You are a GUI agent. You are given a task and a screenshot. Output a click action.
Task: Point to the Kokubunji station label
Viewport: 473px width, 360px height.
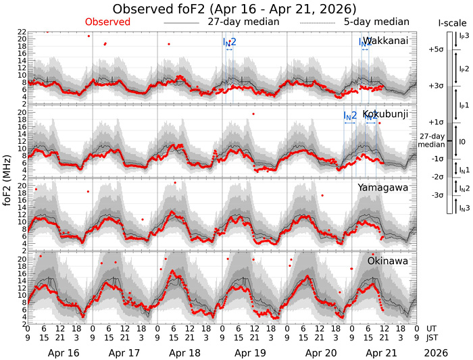click(385, 114)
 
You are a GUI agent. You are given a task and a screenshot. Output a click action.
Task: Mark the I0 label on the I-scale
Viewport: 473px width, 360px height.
click(462, 140)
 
